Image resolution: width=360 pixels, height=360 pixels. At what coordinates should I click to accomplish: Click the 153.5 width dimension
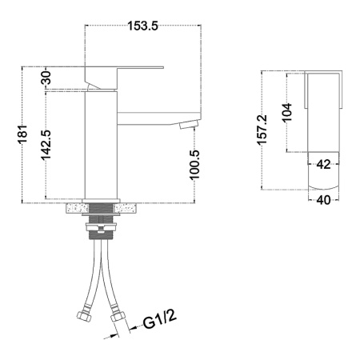[142, 26]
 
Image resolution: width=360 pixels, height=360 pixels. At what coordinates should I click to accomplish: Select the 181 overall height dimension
[23, 134]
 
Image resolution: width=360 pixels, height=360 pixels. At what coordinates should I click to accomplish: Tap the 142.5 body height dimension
[46, 146]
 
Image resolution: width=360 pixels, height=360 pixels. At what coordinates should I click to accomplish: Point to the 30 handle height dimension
[46, 78]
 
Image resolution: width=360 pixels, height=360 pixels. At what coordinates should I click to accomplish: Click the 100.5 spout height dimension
[194, 165]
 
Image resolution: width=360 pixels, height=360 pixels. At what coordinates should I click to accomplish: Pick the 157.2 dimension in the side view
[262, 130]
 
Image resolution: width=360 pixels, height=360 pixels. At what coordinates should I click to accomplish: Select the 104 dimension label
[287, 113]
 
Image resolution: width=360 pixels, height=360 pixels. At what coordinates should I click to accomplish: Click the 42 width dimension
[323, 164]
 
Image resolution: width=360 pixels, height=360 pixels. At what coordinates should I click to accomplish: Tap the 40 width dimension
[323, 200]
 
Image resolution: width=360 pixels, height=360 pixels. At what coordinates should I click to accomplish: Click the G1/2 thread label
[160, 319]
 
